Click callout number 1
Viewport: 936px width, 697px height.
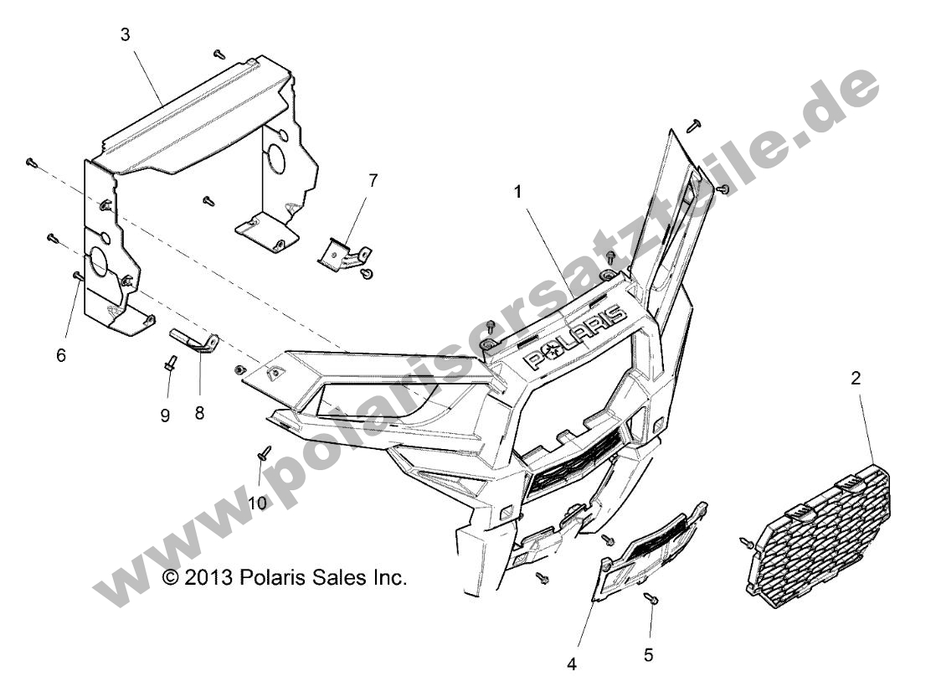pyautogui.click(x=518, y=192)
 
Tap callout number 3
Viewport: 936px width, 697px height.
pyautogui.click(x=126, y=34)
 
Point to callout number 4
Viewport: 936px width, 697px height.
pyautogui.click(x=572, y=665)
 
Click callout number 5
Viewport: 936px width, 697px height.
pyautogui.click(x=649, y=654)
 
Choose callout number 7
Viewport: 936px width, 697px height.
pyautogui.click(x=373, y=180)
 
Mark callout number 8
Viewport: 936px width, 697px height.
pyautogui.click(x=199, y=412)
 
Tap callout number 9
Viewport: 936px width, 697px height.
pyautogui.click(x=165, y=416)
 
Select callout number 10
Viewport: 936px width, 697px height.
pyautogui.click(x=256, y=503)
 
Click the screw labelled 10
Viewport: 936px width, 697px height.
pyautogui.click(x=265, y=453)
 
